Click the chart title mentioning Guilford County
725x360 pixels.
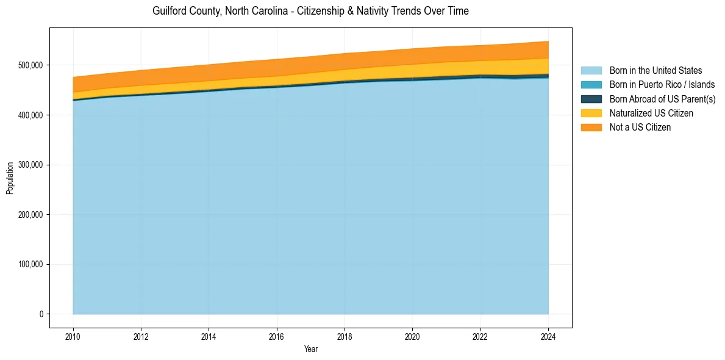[310, 11]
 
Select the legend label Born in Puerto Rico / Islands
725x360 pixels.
[662, 85]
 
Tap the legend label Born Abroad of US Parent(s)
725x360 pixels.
[662, 99]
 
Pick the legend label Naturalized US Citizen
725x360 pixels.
[651, 113]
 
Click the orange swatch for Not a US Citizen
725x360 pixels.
[591, 128]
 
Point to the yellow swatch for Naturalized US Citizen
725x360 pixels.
[591, 113]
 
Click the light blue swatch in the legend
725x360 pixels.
[591, 71]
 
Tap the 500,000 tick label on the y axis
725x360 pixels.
[30, 65]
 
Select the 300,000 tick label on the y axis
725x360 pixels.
[30, 165]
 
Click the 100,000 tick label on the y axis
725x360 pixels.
[30, 264]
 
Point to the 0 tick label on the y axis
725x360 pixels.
[41, 314]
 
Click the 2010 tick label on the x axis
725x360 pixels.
[73, 336]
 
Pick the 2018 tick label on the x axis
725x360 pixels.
[345, 336]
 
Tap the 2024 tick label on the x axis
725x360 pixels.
[548, 336]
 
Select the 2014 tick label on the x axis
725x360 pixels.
[209, 336]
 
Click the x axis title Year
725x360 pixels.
[310, 349]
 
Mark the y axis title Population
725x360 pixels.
[10, 178]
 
